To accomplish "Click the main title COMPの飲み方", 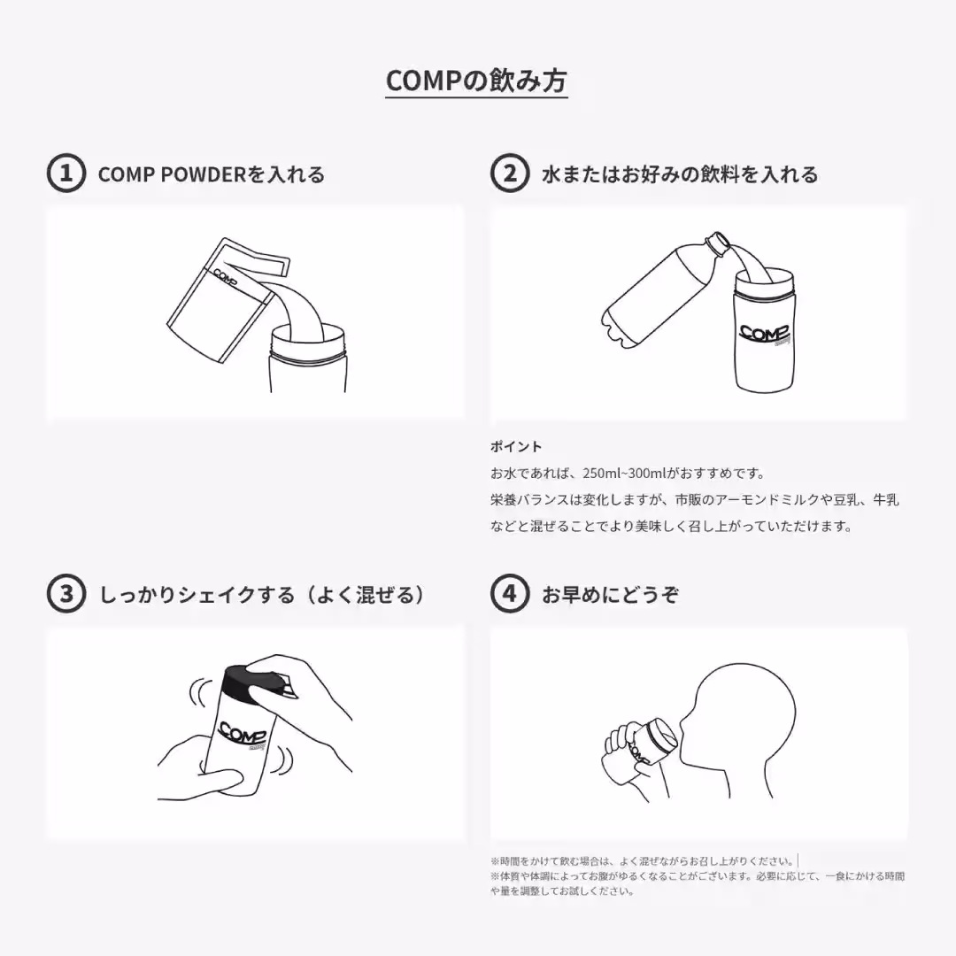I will coord(477,81).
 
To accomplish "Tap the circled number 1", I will coord(66,173).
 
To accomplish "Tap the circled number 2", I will coord(510,173).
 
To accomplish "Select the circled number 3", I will coord(66,594).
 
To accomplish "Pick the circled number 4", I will coord(510,594).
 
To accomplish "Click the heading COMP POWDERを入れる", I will coord(212,174).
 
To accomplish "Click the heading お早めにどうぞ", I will coord(610,595).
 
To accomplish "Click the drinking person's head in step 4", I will coord(744,708).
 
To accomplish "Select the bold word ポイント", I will coord(516,446).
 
